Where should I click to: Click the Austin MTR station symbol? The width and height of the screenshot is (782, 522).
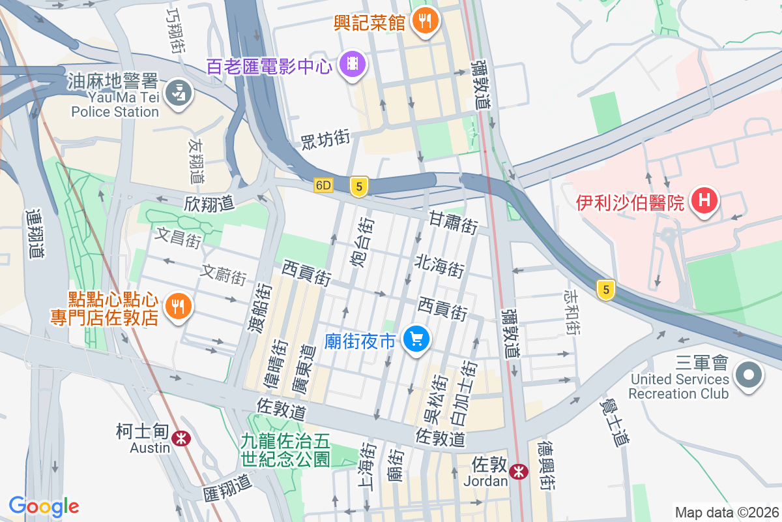coord(181,438)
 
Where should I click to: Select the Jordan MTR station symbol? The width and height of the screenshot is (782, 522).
coord(519,470)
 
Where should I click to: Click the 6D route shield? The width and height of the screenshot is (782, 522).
coord(323,186)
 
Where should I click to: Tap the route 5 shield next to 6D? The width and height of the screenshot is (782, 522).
coord(358,187)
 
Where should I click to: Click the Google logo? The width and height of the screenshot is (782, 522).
coord(44,506)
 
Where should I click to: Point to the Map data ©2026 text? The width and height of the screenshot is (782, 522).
coord(726,512)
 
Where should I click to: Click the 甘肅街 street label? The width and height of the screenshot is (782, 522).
coord(454,223)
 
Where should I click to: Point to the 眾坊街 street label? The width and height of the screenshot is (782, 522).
coord(326,139)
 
